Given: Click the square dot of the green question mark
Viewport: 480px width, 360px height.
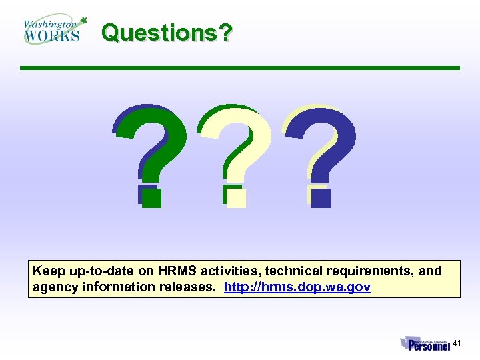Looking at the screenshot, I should click(x=152, y=197).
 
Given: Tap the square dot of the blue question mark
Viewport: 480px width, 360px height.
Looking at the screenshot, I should click(x=321, y=197).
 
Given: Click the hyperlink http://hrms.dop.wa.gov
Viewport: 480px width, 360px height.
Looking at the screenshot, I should click(x=297, y=287).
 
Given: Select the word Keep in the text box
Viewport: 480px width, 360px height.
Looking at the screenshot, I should click(x=49, y=271).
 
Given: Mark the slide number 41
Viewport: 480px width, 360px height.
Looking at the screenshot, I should click(x=457, y=343).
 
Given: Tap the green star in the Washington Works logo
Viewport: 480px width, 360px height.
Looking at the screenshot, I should click(x=83, y=21).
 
